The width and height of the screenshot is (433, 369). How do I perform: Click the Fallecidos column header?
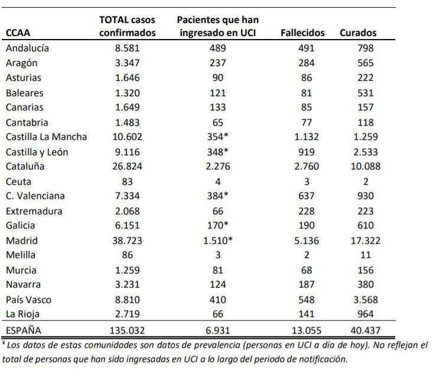[x=302, y=33]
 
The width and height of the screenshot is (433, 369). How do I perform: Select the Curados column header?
[x=358, y=33]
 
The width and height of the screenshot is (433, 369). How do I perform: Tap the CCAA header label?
[x=18, y=33]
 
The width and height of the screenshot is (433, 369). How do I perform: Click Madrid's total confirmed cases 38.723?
[x=128, y=241]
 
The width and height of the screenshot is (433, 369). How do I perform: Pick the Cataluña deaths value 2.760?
[x=307, y=166]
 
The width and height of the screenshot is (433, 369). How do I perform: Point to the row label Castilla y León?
[x=37, y=152]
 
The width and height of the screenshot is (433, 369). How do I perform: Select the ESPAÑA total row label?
[x=24, y=330]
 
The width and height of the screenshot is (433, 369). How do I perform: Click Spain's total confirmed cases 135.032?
[x=128, y=331]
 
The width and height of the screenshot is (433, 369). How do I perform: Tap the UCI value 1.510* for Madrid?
[x=218, y=241]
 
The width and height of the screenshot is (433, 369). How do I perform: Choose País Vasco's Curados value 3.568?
[x=366, y=300]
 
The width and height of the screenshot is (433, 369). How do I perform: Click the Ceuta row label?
[x=18, y=182]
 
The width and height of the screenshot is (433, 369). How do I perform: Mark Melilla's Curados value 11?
[x=366, y=255]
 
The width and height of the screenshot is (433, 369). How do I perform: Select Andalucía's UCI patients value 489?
[x=218, y=48]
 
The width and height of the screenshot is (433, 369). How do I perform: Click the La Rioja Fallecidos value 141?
[x=307, y=314]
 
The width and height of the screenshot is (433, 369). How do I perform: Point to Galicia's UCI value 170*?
[x=218, y=226]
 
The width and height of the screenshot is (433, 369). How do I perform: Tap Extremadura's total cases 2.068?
[x=128, y=211]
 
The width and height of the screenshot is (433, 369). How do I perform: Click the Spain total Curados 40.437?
[x=366, y=331]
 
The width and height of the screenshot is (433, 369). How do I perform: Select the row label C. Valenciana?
[x=35, y=196]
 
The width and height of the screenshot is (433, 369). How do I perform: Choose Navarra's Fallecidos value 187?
[x=307, y=285]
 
